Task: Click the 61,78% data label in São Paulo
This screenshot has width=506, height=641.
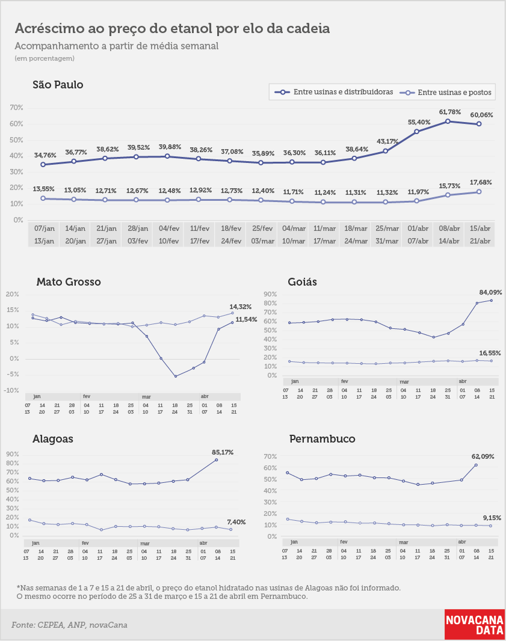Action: pyautogui.click(x=449, y=112)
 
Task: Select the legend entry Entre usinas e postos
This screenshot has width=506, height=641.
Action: pyautogui.click(x=447, y=93)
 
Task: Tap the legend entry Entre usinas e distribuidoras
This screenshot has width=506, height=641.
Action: pyautogui.click(x=334, y=92)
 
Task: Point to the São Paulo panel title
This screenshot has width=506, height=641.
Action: pyautogui.click(x=58, y=85)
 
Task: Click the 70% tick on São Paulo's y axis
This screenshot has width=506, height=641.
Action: pyautogui.click(x=16, y=108)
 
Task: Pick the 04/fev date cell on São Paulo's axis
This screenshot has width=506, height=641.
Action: pyautogui.click(x=169, y=228)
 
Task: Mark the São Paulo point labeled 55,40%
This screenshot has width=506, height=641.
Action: pyautogui.click(x=417, y=132)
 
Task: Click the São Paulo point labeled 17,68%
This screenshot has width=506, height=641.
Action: pyautogui.click(x=479, y=192)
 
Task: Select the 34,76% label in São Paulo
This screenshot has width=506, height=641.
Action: pyautogui.click(x=45, y=155)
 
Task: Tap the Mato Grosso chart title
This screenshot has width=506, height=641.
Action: pyautogui.click(x=69, y=281)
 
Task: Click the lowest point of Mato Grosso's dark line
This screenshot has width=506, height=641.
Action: pyautogui.click(x=176, y=376)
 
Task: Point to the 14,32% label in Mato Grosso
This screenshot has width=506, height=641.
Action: pyautogui.click(x=241, y=307)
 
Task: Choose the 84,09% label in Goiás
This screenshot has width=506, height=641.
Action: pyautogui.click(x=490, y=292)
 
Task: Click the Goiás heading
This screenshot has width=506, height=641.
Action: pyautogui.click(x=302, y=281)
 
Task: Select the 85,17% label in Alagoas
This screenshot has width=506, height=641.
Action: pyautogui.click(x=223, y=452)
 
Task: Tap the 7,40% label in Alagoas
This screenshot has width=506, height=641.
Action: pyautogui.click(x=236, y=522)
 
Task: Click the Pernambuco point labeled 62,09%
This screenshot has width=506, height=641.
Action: pyautogui.click(x=476, y=465)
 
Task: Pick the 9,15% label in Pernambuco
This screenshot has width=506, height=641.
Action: pyautogui.click(x=492, y=518)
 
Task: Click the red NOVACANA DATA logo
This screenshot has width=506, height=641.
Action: pyautogui.click(x=475, y=625)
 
